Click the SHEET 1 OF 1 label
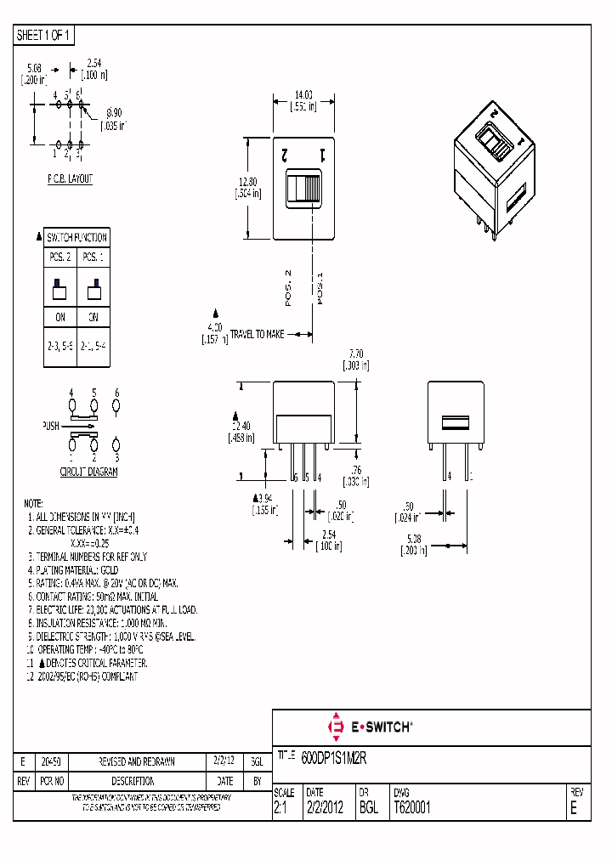pos(44,36)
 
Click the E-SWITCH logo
pos(370,727)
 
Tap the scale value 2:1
pos(280,808)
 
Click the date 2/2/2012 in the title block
pos(324,808)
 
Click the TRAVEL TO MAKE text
pos(257,335)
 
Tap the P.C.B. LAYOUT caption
pos(70,179)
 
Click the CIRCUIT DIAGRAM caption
pos(88,472)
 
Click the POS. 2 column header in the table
pos(60,256)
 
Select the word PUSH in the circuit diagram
pos(51,425)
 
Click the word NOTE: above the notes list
pos(33,504)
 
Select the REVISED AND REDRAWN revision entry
pos(138,762)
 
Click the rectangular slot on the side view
pos(455,422)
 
